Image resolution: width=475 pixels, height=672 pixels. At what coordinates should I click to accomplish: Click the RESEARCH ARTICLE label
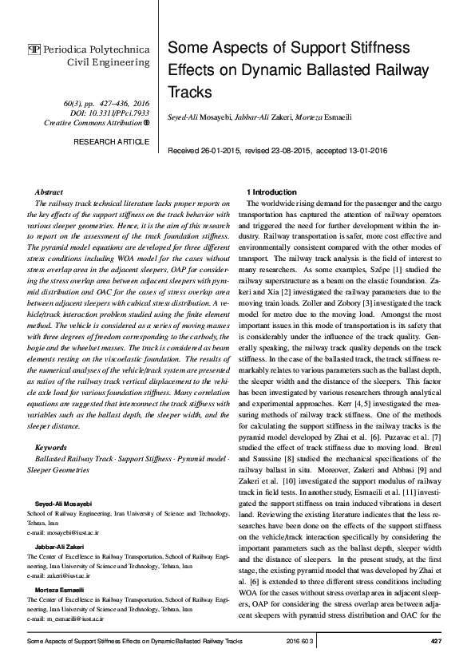pos(111,141)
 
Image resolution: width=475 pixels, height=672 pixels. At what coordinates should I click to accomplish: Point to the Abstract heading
pos(49,192)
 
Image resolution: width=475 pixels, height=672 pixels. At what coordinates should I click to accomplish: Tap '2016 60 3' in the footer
pos(300,641)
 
